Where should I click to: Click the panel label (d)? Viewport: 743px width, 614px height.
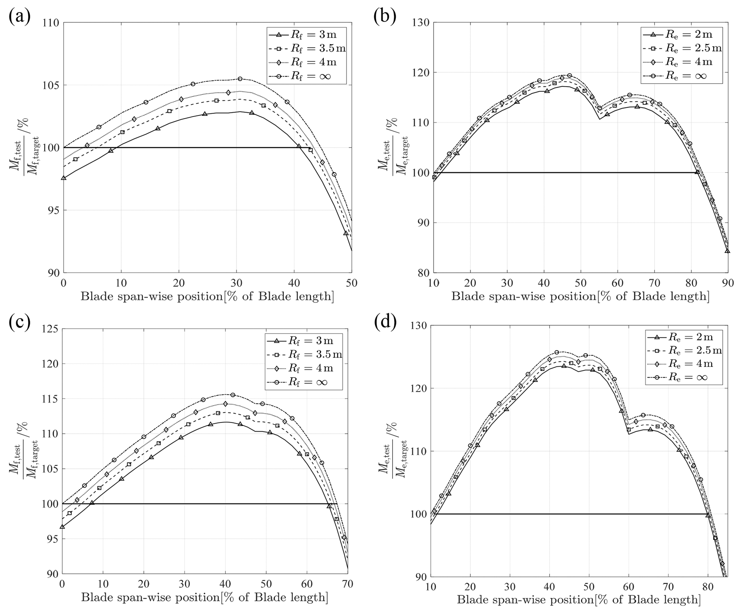click(x=385, y=322)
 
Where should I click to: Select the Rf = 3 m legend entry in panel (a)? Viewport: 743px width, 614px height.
click(x=306, y=35)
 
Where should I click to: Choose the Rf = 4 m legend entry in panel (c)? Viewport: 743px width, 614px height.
click(x=304, y=368)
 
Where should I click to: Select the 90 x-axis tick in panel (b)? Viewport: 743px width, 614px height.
click(x=728, y=283)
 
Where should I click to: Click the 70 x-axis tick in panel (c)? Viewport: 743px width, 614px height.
click(x=347, y=584)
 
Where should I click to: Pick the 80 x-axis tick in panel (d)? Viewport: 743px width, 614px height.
click(x=707, y=587)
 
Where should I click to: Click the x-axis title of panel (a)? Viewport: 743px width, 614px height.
click(x=207, y=297)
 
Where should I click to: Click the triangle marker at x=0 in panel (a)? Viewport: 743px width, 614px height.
click(x=64, y=178)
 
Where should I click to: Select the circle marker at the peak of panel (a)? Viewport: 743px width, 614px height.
click(x=240, y=79)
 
